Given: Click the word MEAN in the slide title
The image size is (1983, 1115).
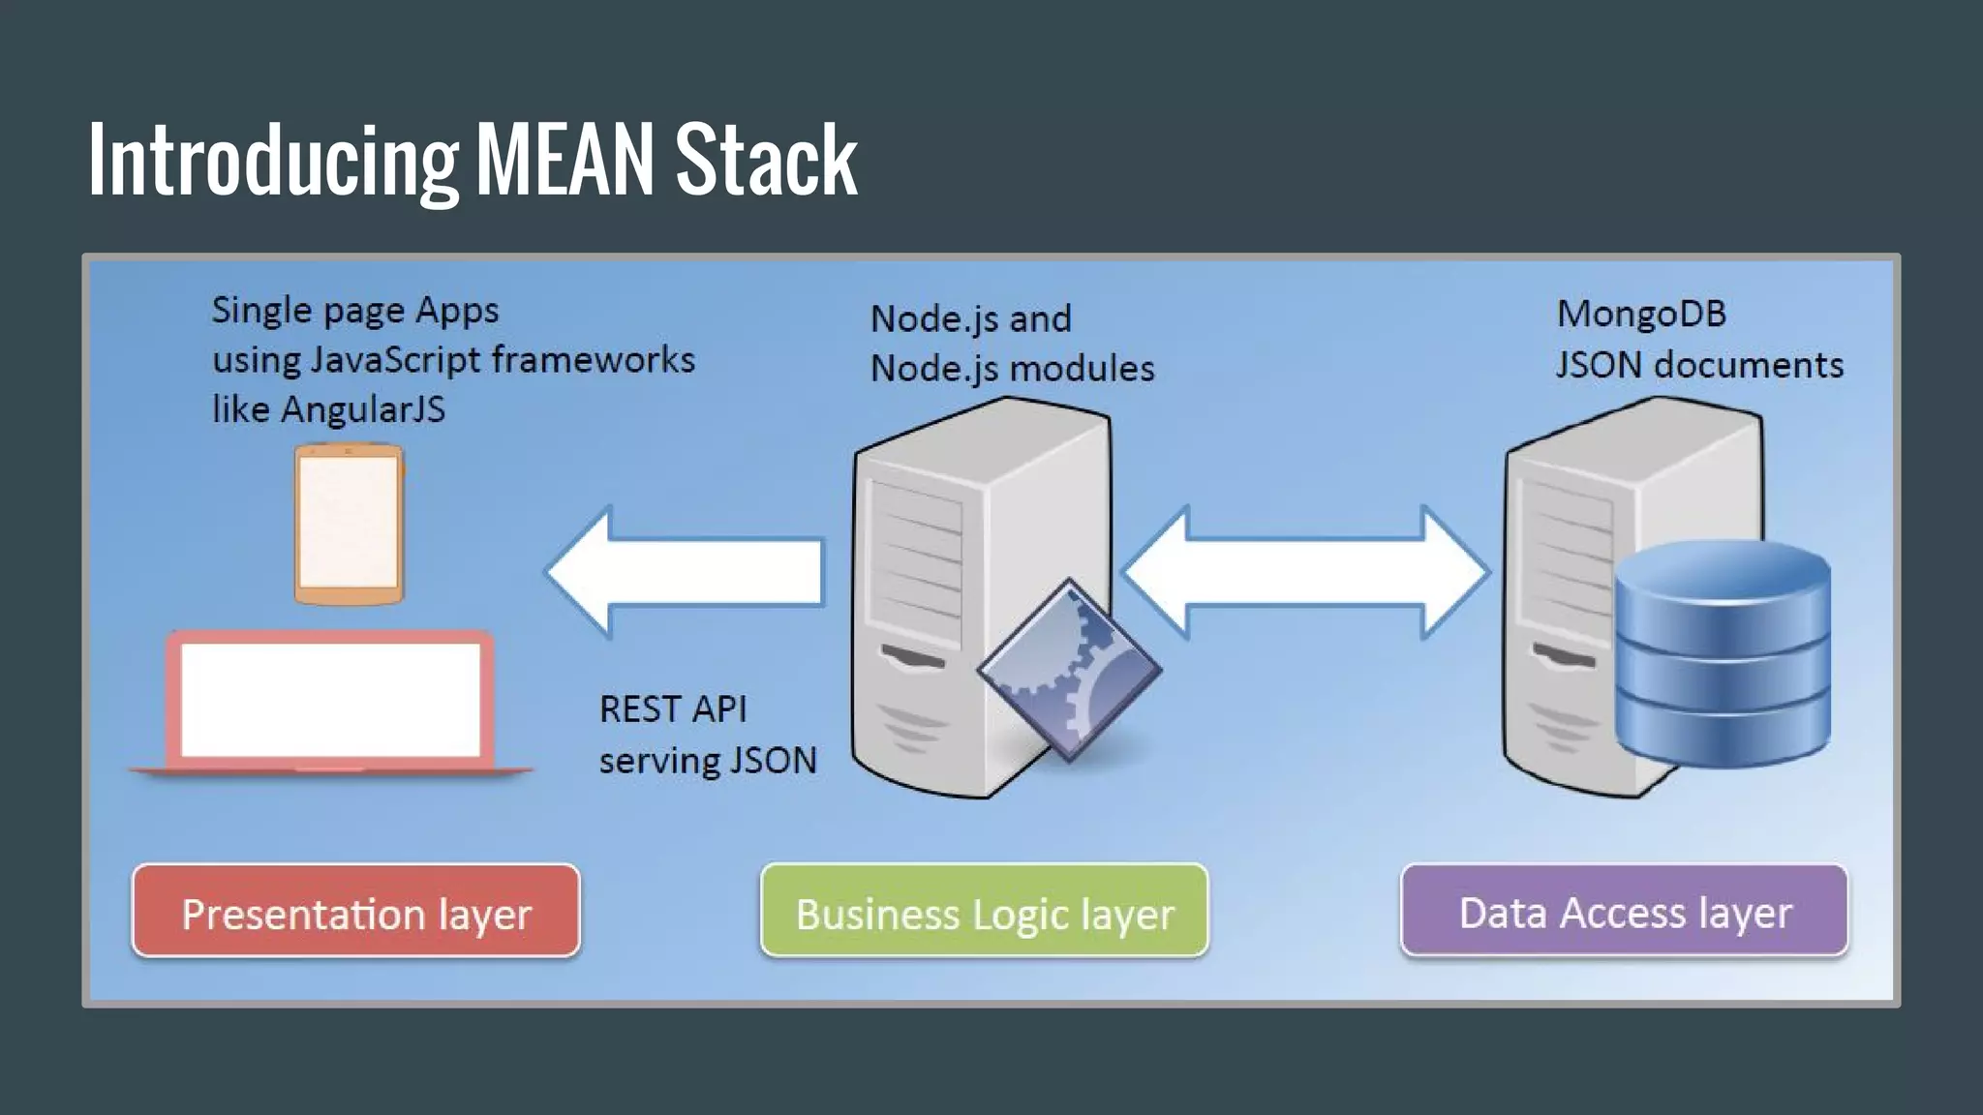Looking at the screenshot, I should [x=565, y=160].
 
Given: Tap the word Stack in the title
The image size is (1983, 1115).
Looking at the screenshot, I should [x=765, y=160].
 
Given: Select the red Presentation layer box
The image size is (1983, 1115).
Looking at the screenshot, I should [x=356, y=912].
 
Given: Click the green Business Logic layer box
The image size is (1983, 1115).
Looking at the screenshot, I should [x=984, y=912].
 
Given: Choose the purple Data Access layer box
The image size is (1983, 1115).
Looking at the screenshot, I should [x=1624, y=911].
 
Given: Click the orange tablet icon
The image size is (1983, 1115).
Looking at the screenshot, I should [x=349, y=524].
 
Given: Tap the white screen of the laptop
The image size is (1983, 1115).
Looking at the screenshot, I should [x=330, y=700].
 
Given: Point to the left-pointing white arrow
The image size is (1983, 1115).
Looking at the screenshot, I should [x=686, y=572].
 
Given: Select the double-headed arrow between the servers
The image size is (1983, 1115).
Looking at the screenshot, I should [x=1304, y=572].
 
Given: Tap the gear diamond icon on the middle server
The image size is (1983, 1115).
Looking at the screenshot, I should [x=1070, y=670].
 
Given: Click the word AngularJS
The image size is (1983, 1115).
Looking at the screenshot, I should [x=363, y=409].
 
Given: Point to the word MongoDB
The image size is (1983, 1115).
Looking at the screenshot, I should [x=1641, y=314].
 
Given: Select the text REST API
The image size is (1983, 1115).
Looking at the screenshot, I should [x=673, y=709].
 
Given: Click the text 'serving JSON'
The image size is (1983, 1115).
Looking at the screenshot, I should [x=708, y=761].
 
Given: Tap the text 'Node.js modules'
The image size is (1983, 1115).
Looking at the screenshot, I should [x=1012, y=369].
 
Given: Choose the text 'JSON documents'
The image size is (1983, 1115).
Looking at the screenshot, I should [x=1699, y=365].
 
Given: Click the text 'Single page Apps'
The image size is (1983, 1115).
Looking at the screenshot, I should [x=355, y=311].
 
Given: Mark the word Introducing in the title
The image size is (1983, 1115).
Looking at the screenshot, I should [x=273, y=160].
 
